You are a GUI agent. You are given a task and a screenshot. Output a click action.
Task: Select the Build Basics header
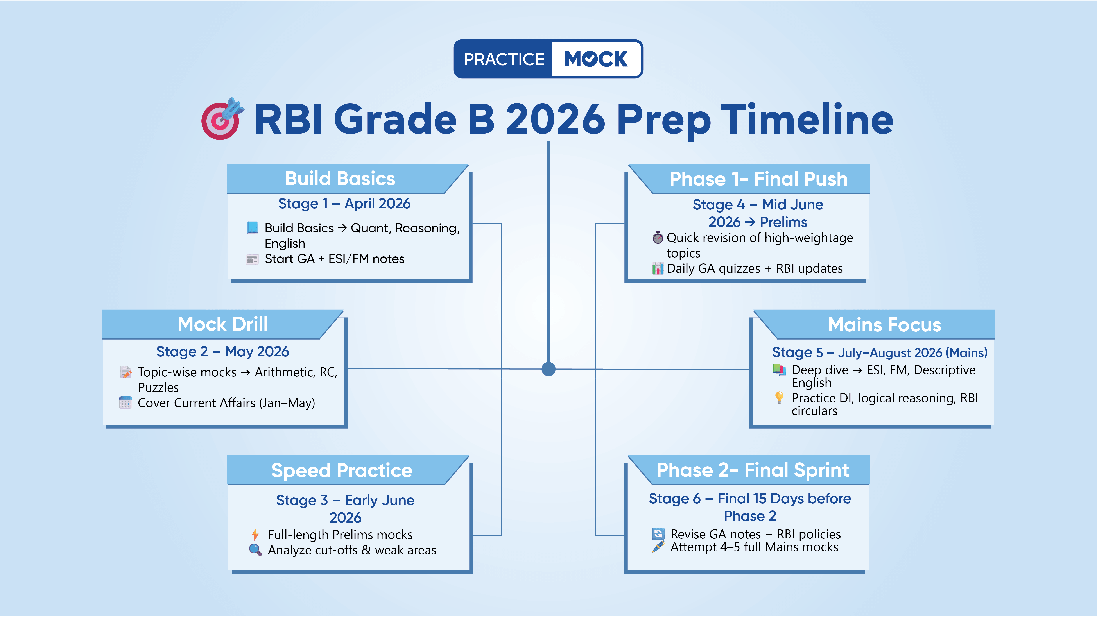tap(340, 178)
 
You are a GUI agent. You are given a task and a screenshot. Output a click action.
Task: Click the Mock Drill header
tap(222, 324)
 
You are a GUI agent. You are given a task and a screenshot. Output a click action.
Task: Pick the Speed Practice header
tap(342, 470)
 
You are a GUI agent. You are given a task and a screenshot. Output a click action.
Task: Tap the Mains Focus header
tap(884, 324)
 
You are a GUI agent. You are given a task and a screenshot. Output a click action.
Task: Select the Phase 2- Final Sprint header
tap(753, 470)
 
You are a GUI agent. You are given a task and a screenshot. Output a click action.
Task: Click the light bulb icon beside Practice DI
tap(779, 397)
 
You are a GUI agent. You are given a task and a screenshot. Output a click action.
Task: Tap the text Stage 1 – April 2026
tap(344, 204)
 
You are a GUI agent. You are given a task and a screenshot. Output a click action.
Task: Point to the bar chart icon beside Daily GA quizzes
tap(658, 268)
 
